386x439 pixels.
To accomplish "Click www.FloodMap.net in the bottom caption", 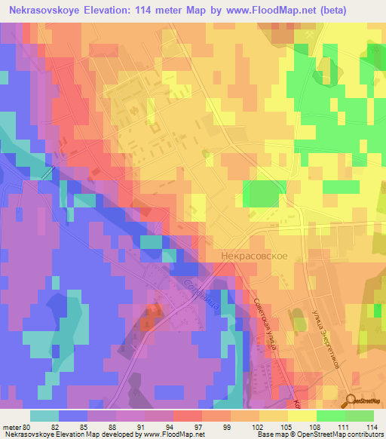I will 174,434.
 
